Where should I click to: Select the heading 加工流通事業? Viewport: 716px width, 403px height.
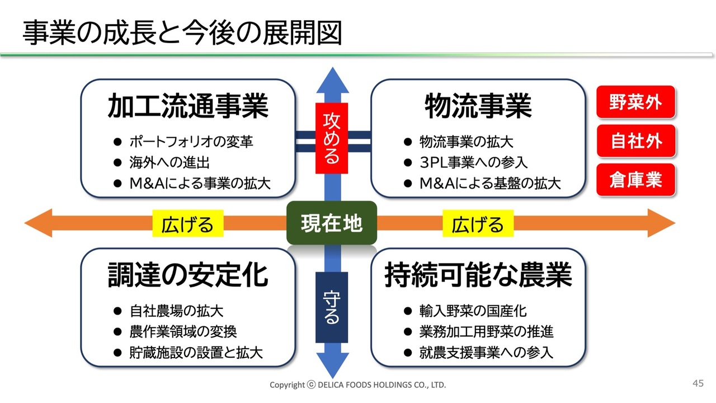coord(188,106)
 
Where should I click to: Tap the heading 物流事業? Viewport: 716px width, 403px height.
coord(478,106)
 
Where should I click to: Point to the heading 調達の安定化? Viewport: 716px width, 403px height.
coord(188,275)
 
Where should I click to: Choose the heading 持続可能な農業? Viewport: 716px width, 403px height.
coord(478,275)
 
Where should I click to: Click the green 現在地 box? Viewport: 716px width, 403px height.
coord(332,223)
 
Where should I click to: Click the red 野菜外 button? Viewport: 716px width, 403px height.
coord(635,103)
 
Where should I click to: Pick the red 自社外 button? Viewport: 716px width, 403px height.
coord(635,141)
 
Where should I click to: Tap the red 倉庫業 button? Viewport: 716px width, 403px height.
coord(635,180)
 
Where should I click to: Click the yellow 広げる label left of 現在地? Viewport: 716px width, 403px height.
coord(187,224)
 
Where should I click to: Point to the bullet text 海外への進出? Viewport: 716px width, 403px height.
coord(169,163)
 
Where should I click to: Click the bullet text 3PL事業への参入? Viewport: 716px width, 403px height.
coord(473,163)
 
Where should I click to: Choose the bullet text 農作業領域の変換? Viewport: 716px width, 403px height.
coord(183,331)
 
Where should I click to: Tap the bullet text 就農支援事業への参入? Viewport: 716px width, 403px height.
coord(486,353)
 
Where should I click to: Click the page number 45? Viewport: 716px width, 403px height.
coord(698,383)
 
